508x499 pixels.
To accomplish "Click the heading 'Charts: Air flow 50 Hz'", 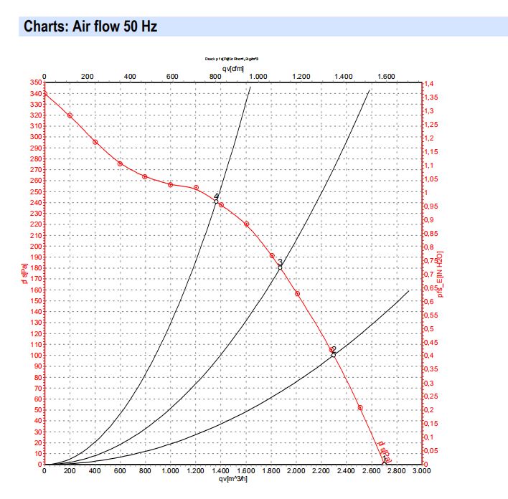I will (90, 27).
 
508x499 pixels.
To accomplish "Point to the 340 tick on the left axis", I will (34, 93).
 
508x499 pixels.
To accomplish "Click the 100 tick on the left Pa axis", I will (34, 356).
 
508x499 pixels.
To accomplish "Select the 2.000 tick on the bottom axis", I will (296, 472).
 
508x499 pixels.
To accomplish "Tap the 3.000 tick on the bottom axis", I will (422, 472).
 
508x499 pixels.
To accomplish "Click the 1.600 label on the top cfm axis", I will (386, 76).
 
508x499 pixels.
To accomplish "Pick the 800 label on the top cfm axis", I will (215, 76).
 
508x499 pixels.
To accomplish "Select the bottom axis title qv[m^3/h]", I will (232, 479).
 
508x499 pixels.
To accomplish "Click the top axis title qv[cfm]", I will (232, 68).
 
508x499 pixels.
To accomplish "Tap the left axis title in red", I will (24, 273).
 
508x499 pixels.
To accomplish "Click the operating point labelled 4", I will (216, 201).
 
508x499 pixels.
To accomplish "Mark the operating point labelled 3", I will (280, 267).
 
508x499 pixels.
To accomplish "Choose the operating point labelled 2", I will (334, 354).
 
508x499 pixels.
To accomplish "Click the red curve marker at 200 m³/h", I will (70, 115).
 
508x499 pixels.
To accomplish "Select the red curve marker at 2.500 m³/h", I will (359, 408).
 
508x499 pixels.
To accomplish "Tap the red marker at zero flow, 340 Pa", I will (44, 94).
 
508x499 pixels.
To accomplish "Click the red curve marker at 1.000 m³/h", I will (171, 185).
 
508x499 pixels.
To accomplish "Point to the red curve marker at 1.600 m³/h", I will (246, 224).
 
